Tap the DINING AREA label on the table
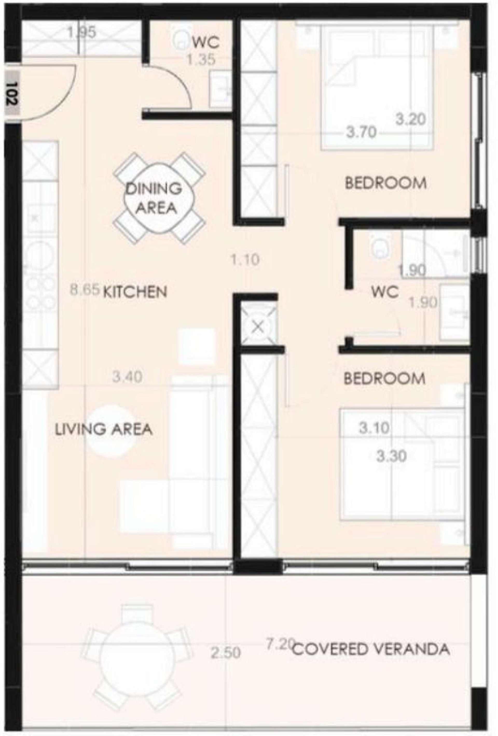click(154, 198)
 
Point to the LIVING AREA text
click(104, 429)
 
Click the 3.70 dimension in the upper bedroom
click(361, 132)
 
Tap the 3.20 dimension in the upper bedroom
click(411, 119)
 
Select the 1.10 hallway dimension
click(245, 260)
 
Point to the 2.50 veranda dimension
click(226, 651)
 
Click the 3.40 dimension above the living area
click(127, 377)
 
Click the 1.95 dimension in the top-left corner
click(81, 32)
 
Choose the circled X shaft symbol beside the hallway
click(259, 326)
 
